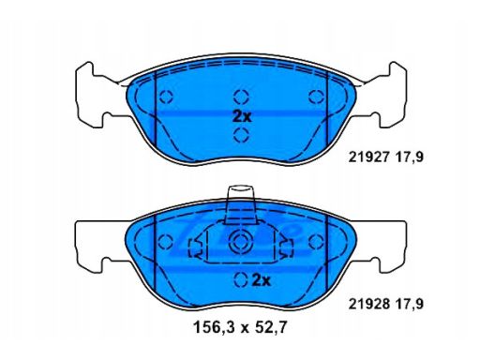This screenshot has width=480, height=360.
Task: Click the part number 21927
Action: click(368, 157)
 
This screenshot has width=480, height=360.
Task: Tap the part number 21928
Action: click(368, 304)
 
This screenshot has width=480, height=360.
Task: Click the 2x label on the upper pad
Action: click(242, 117)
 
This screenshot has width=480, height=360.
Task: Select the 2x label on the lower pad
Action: click(261, 281)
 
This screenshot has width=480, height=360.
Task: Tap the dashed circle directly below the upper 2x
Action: click(241, 135)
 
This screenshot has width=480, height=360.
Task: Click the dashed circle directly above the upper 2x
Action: click(241, 97)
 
